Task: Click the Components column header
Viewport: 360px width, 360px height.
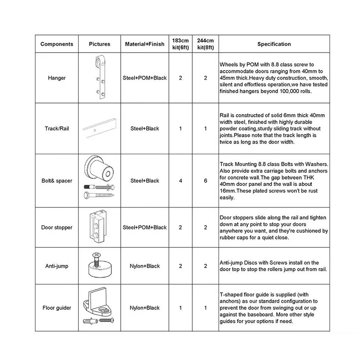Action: click(57, 44)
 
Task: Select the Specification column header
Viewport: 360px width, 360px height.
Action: click(274, 44)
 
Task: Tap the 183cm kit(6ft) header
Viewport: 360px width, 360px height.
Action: click(180, 44)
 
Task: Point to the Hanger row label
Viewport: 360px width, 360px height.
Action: click(57, 78)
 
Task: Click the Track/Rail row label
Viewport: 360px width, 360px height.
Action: click(57, 128)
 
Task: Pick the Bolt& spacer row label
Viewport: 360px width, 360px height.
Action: click(57, 181)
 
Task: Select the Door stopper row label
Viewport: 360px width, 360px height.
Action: click(57, 227)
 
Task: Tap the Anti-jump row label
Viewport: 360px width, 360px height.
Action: click(57, 266)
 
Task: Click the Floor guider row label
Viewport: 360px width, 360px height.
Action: click(57, 308)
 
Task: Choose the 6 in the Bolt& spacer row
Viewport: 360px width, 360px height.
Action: click(205, 181)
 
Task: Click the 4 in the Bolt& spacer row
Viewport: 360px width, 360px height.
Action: click(180, 181)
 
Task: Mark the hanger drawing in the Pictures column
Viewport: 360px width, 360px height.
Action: click(100, 78)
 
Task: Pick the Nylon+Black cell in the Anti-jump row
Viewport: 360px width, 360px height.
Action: click(145, 266)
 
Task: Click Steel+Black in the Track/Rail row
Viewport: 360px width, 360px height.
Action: click(145, 128)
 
